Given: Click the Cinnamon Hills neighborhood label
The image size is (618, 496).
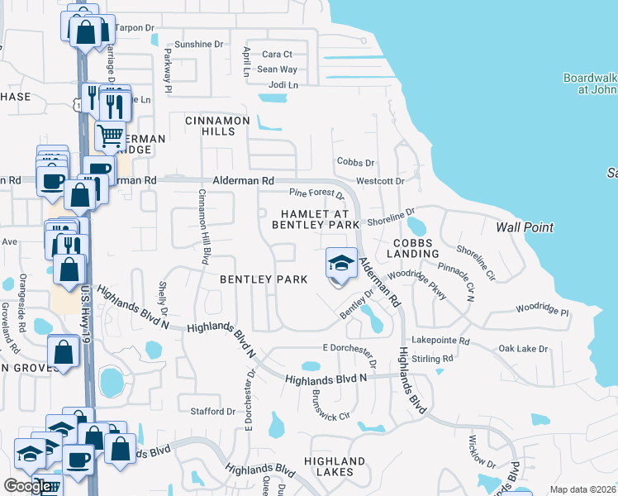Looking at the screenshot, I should [217, 126].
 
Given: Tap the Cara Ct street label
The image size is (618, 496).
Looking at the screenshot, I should [277, 55].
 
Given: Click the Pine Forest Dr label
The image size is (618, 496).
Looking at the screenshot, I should [316, 193].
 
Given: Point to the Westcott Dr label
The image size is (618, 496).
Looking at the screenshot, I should [379, 180].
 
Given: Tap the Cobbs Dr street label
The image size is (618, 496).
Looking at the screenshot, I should [355, 162].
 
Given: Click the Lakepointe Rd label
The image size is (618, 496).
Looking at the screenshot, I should [440, 341].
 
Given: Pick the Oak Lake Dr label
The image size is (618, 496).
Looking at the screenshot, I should [523, 349].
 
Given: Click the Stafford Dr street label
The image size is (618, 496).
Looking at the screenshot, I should [213, 411].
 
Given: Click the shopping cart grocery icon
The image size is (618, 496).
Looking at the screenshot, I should [110, 134].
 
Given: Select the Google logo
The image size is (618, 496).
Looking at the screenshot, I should [27, 485].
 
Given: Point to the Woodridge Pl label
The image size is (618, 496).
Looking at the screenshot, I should [543, 312].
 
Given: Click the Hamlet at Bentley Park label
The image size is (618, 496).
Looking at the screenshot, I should [316, 219].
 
